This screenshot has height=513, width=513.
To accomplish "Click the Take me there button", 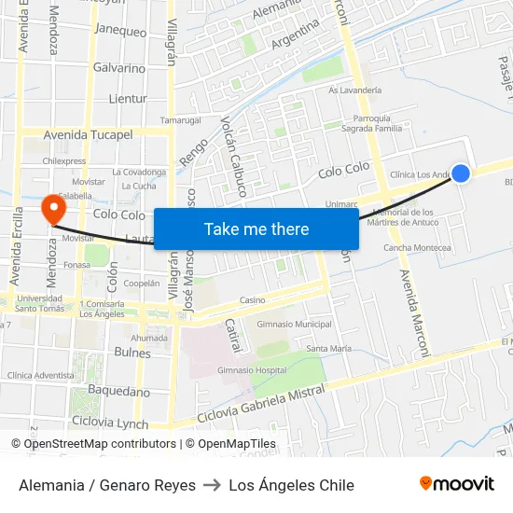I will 256,229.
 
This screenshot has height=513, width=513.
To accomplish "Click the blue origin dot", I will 461,173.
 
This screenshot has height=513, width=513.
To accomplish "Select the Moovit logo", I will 457,484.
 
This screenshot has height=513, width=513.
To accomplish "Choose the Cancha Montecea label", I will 417,247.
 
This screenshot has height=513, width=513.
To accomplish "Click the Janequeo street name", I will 120,31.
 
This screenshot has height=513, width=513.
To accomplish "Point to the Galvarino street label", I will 118,68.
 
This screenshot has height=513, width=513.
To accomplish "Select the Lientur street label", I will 128,98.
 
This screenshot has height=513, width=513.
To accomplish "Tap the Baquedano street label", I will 118,391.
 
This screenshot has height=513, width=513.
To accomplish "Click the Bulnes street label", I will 132,353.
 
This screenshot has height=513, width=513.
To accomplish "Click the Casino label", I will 252,300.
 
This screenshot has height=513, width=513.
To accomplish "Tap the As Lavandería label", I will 354,90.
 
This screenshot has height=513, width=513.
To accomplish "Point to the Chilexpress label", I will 64,160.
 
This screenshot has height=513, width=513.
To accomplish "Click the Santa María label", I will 328,348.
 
